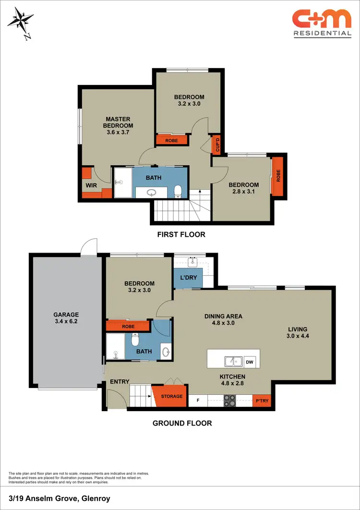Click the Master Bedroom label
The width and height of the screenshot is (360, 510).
click(x=118, y=126)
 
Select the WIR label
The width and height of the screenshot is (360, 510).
click(x=91, y=184)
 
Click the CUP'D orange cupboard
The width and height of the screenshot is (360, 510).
click(x=216, y=144)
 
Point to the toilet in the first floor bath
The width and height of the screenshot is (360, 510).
click(x=178, y=191)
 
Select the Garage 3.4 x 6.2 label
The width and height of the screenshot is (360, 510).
click(x=66, y=318)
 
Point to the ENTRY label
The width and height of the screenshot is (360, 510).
click(x=120, y=382)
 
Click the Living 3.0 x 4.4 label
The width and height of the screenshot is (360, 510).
click(x=298, y=333)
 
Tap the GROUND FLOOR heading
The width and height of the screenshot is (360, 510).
click(x=182, y=423)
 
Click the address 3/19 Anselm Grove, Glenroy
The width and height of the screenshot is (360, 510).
click(x=60, y=498)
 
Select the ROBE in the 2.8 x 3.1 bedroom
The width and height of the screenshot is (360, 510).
click(x=277, y=177)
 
